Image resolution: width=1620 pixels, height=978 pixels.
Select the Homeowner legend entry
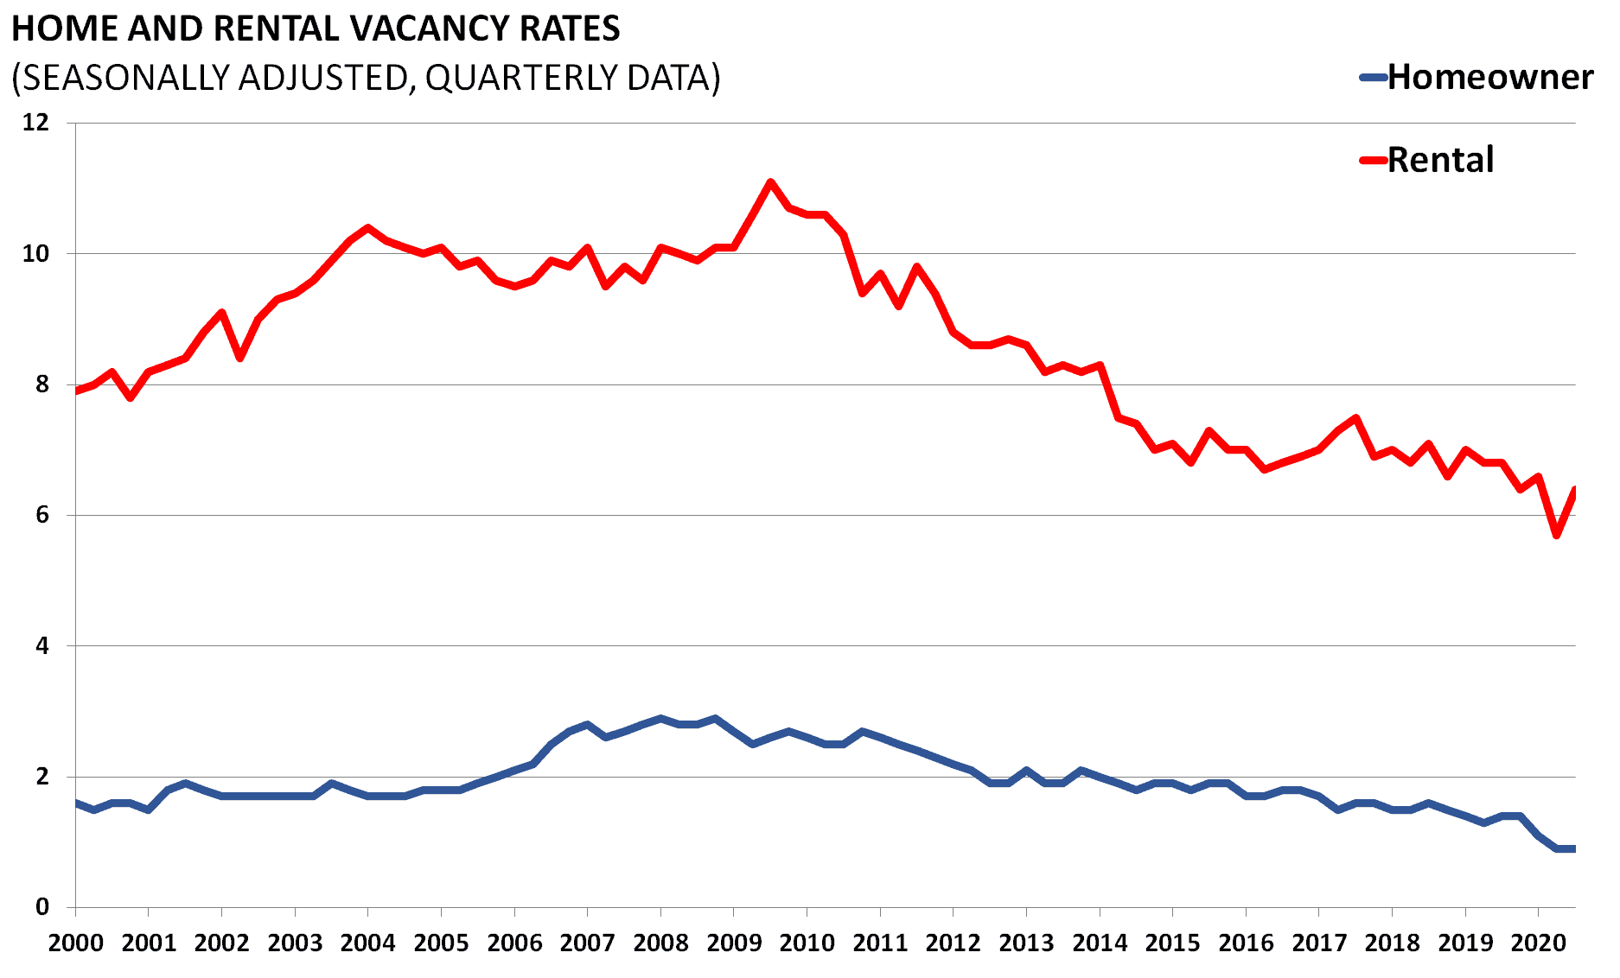(1489, 77)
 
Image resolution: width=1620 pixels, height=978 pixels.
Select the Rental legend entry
(1440, 160)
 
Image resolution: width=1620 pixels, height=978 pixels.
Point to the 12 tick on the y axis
(35, 122)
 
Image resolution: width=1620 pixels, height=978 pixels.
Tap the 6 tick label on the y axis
(42, 515)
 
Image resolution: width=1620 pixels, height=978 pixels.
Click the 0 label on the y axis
(42, 907)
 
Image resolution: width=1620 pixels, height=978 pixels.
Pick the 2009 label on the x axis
(734, 943)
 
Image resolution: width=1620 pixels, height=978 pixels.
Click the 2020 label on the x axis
(1538, 943)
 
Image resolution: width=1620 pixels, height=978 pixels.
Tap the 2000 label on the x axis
(75, 943)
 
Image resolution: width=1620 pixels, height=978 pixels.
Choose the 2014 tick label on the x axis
(1100, 943)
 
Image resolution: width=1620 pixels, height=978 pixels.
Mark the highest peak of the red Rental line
(770, 181)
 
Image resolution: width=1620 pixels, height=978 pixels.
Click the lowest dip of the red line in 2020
(1556, 536)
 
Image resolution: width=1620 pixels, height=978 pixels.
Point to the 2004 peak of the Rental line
(368, 227)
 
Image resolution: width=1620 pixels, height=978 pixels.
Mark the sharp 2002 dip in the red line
(240, 359)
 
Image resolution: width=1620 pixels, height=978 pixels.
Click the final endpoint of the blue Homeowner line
(1573, 849)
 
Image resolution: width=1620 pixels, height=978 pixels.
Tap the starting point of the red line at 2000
(77, 391)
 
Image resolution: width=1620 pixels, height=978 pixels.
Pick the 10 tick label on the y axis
(35, 253)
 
